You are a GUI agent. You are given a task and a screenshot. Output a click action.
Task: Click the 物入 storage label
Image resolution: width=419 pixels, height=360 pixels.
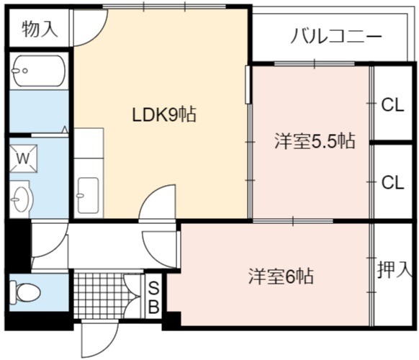coord(40,29)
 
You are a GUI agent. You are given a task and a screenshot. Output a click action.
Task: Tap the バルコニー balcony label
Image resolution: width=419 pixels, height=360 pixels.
coord(336,36)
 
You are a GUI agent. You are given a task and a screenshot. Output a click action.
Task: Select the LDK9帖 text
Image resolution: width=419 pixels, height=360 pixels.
coord(164,114)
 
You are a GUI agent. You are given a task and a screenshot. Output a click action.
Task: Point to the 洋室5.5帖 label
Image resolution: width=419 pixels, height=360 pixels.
coord(315,141)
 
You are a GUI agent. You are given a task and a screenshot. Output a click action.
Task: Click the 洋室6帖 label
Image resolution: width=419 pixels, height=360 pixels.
coord(281,276)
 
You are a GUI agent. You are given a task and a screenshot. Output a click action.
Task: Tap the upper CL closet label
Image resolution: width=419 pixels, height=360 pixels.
coord(392,105)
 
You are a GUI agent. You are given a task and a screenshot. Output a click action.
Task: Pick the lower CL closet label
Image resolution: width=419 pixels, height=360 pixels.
coord(392,183)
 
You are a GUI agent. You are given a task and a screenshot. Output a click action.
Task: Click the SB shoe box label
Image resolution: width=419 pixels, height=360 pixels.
coord(153,297)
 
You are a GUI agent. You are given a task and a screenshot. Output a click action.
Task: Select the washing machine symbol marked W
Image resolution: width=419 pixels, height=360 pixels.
coord(23,158)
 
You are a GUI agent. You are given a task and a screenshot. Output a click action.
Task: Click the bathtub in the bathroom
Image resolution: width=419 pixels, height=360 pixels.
coord(39,71)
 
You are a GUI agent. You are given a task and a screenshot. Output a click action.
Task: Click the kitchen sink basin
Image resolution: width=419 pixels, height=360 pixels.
coord(88,195)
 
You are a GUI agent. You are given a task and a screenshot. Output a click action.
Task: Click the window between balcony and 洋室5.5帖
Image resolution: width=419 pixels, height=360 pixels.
coord(315,63)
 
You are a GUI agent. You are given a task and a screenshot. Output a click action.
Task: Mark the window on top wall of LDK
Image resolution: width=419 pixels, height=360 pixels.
coord(164,6)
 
